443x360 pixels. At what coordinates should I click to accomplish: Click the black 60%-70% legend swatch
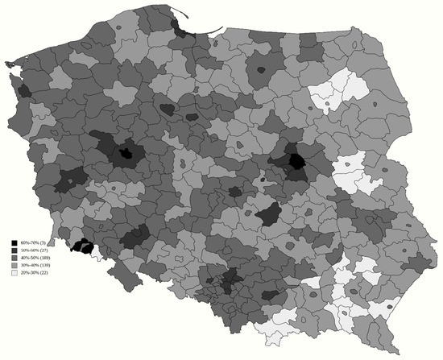14,242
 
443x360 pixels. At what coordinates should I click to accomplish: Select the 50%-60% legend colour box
14,251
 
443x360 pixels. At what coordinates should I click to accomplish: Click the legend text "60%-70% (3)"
33,242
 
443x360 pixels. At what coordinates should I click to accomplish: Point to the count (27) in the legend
42,251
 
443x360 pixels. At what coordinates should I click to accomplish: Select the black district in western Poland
125,152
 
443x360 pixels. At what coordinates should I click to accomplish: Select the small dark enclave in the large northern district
260,70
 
